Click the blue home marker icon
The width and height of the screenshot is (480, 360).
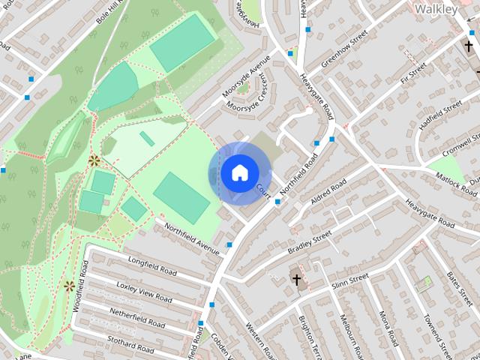point(238,172)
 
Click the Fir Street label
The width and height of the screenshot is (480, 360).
point(412,73)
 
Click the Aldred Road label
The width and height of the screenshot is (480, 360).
point(328,193)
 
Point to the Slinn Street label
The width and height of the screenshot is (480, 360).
point(350,280)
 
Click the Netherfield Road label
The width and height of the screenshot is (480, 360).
point(137,317)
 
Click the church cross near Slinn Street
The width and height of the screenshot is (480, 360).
point(296,281)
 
